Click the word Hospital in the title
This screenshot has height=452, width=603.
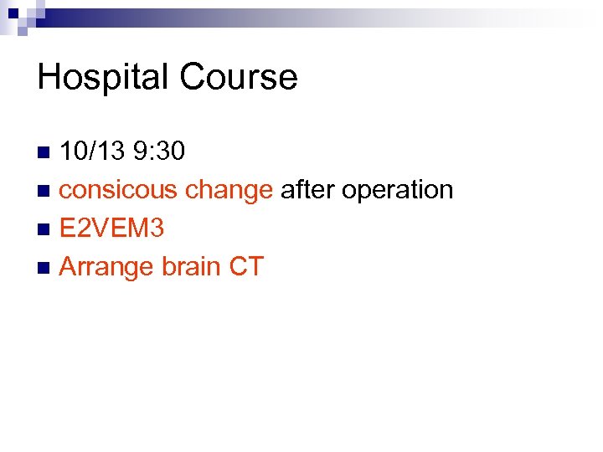click(103, 77)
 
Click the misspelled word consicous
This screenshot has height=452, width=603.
click(119, 190)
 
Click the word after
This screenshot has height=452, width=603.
click(307, 190)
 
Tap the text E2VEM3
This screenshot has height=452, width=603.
click(111, 229)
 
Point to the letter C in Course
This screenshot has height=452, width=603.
click(191, 77)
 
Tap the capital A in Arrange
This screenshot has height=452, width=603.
click(70, 267)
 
